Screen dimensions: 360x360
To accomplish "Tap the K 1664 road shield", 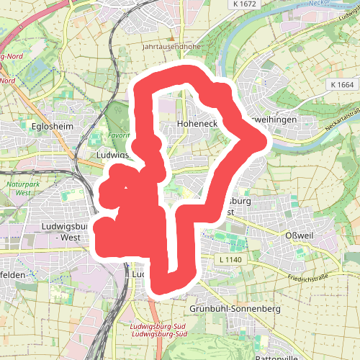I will (344, 85).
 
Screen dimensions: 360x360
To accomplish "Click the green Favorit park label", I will (119, 135).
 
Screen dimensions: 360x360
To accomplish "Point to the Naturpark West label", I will (23, 189).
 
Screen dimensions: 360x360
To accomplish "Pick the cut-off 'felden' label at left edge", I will (13, 275).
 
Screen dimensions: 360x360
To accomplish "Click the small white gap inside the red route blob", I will (127, 189).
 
